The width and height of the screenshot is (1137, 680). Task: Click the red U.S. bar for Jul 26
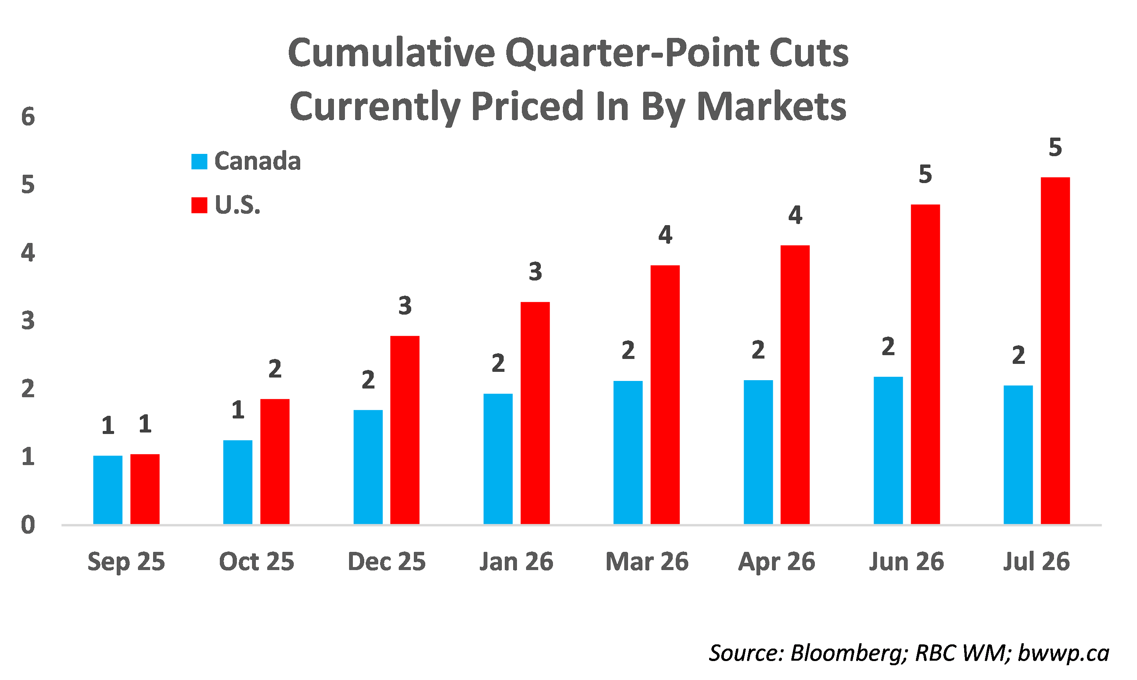click(1055, 351)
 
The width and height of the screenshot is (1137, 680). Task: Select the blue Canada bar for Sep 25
click(108, 489)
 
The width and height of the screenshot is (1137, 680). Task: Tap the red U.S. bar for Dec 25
click(404, 430)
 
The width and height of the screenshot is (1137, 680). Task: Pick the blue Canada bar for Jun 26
click(888, 450)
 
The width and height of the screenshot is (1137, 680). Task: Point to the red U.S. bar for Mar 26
click(665, 395)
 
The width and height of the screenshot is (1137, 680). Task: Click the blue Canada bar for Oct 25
click(237, 482)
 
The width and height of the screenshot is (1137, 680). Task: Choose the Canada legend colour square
click(199, 161)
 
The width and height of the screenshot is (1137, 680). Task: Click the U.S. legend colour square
click(199, 205)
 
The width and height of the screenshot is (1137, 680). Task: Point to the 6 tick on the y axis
click(28, 117)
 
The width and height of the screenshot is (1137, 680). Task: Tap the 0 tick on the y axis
click(28, 525)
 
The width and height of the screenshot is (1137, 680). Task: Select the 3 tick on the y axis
click(28, 321)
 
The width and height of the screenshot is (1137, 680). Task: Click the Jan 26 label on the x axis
click(516, 561)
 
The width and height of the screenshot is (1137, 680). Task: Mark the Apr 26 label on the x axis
click(777, 561)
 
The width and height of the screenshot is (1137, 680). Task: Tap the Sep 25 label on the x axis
click(126, 561)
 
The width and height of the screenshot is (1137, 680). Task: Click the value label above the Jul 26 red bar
click(1055, 147)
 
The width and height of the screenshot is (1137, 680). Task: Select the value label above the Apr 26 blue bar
click(758, 350)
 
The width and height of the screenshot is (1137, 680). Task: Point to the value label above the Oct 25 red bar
click(274, 368)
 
